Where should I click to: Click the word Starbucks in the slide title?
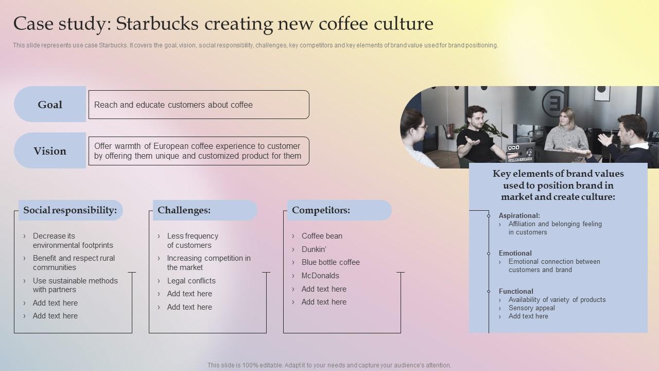click(157, 24)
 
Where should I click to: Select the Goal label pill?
click(50, 105)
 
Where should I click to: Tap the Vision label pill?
click(50, 151)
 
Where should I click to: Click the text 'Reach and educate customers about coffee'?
click(173, 105)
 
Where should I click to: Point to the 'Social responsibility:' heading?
click(70, 210)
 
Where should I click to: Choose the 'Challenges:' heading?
click(184, 210)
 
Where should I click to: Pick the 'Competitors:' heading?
click(321, 210)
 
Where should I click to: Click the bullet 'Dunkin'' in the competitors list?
click(314, 249)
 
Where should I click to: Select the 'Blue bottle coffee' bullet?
click(331, 262)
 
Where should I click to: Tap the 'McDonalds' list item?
click(320, 276)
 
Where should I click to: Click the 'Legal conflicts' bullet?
click(191, 281)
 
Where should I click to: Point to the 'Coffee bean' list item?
click(322, 236)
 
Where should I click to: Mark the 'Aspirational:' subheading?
click(519, 216)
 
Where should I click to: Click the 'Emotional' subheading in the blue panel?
click(515, 254)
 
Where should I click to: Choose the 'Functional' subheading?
click(516, 292)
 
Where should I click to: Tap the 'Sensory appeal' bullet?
click(531, 308)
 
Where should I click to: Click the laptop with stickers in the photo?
click(520, 151)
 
